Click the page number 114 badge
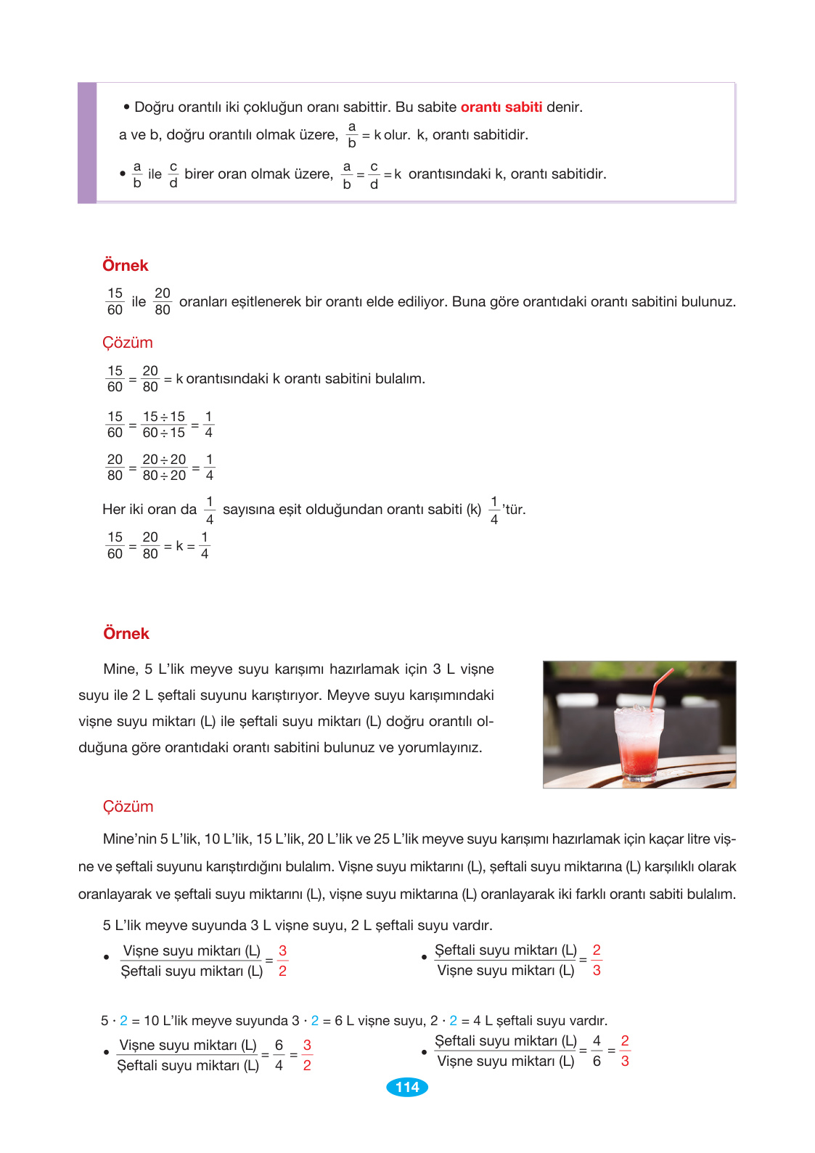point(407,1087)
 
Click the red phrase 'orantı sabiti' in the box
point(501,107)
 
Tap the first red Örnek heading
point(125,266)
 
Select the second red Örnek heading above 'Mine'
point(126,634)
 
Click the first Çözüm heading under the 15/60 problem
point(127,343)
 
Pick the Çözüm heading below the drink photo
point(128,807)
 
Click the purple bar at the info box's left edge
point(87,142)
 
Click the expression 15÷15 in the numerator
point(163,417)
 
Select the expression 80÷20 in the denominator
point(164,476)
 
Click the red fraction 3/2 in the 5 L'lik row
point(282,961)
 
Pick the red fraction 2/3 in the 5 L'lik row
point(597,960)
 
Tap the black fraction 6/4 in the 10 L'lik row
point(279,1055)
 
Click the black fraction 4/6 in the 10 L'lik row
point(597,1051)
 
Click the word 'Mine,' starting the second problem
point(120,669)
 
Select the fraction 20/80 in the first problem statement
point(163,301)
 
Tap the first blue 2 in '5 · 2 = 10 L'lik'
point(123,1021)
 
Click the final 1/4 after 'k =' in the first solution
point(205,545)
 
